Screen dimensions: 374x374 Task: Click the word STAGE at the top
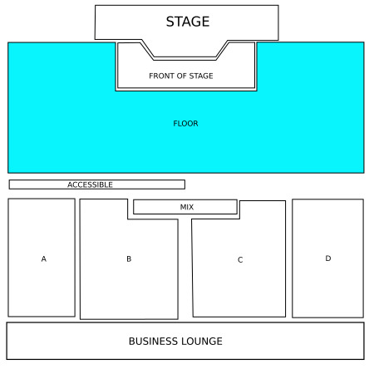tap(188, 22)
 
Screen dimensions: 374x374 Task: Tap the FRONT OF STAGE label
tap(181, 76)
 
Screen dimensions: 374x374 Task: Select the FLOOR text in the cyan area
tap(185, 124)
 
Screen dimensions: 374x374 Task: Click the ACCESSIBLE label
tap(90, 185)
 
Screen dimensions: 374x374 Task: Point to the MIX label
tap(187, 207)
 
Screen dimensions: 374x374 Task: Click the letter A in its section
tap(44, 258)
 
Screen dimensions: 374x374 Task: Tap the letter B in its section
tap(129, 258)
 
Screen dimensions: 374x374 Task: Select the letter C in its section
tap(240, 260)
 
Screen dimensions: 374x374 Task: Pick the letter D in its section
tap(328, 258)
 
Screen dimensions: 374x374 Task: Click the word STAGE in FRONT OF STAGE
tap(201, 76)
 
